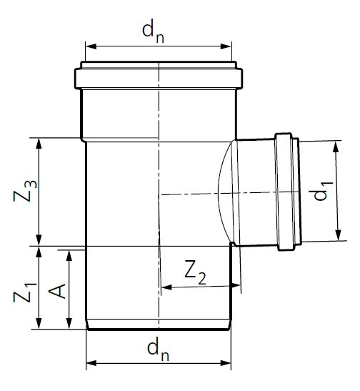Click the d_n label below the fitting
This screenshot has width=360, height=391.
159,348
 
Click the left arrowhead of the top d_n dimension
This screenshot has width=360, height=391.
90,46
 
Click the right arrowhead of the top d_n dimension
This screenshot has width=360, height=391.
229,46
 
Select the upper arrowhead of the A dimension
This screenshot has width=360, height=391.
69,253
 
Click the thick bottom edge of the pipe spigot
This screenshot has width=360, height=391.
159,330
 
